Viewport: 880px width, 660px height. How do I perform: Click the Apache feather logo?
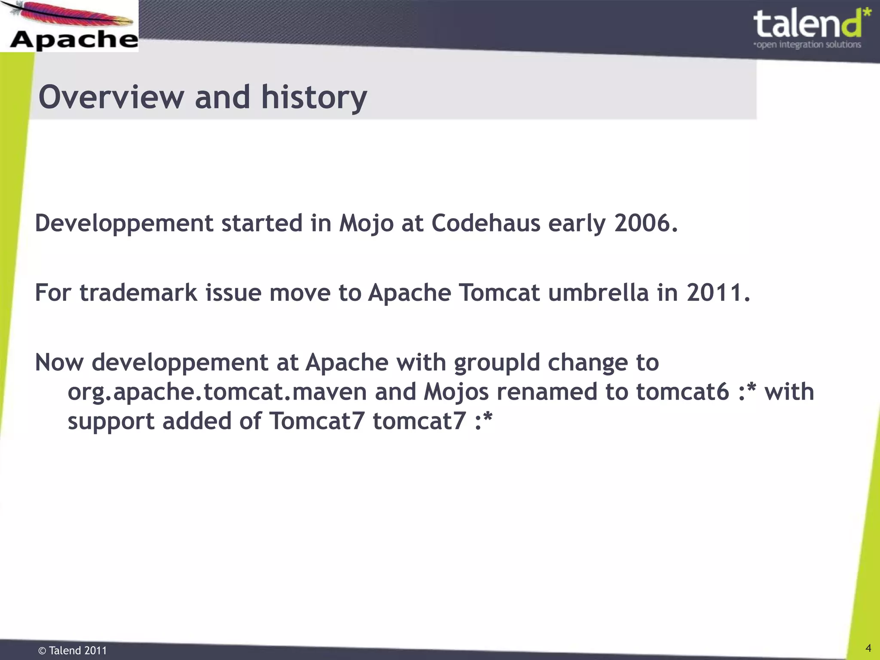69,26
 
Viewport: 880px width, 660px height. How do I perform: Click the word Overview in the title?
111,97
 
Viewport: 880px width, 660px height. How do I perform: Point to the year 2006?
646,223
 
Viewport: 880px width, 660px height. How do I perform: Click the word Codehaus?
486,223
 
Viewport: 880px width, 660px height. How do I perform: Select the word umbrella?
598,293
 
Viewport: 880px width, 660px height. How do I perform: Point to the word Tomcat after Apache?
499,293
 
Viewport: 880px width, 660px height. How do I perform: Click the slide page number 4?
868,648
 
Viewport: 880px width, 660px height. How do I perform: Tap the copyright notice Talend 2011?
73,651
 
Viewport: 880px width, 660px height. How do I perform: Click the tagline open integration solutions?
808,45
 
